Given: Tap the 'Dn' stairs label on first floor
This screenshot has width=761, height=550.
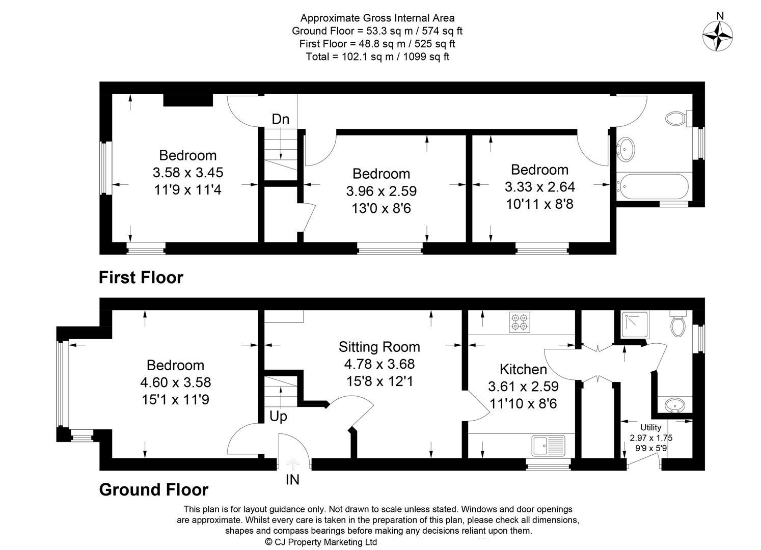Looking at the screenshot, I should point(280,119).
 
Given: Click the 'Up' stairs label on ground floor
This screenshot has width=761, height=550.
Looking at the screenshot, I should point(278,417).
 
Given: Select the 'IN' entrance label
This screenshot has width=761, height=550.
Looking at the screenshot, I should point(292,480).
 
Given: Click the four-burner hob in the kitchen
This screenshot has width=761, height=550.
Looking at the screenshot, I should point(519,322).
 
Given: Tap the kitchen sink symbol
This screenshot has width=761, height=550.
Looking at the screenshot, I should point(548,446).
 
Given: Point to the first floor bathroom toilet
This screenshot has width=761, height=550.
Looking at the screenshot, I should point(677,119).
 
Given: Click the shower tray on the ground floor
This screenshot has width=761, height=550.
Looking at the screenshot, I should point(634,324).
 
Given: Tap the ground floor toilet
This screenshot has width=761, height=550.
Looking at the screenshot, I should point(678,324).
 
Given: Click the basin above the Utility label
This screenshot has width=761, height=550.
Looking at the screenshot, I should point(675,405).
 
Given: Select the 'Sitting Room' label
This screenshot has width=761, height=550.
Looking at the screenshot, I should point(379,347).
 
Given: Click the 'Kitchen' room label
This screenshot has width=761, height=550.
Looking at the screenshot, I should point(523,369).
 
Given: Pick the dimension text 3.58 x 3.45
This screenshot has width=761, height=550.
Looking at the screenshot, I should point(187,173).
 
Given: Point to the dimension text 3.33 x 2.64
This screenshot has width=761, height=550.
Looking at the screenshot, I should point(539,187).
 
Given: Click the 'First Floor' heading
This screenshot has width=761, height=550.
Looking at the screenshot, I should point(141,278).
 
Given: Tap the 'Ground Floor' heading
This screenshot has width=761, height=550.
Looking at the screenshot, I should point(153,489).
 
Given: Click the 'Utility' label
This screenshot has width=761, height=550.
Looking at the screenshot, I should point(650,428).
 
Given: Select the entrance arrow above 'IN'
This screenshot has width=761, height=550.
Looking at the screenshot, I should point(292,464).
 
